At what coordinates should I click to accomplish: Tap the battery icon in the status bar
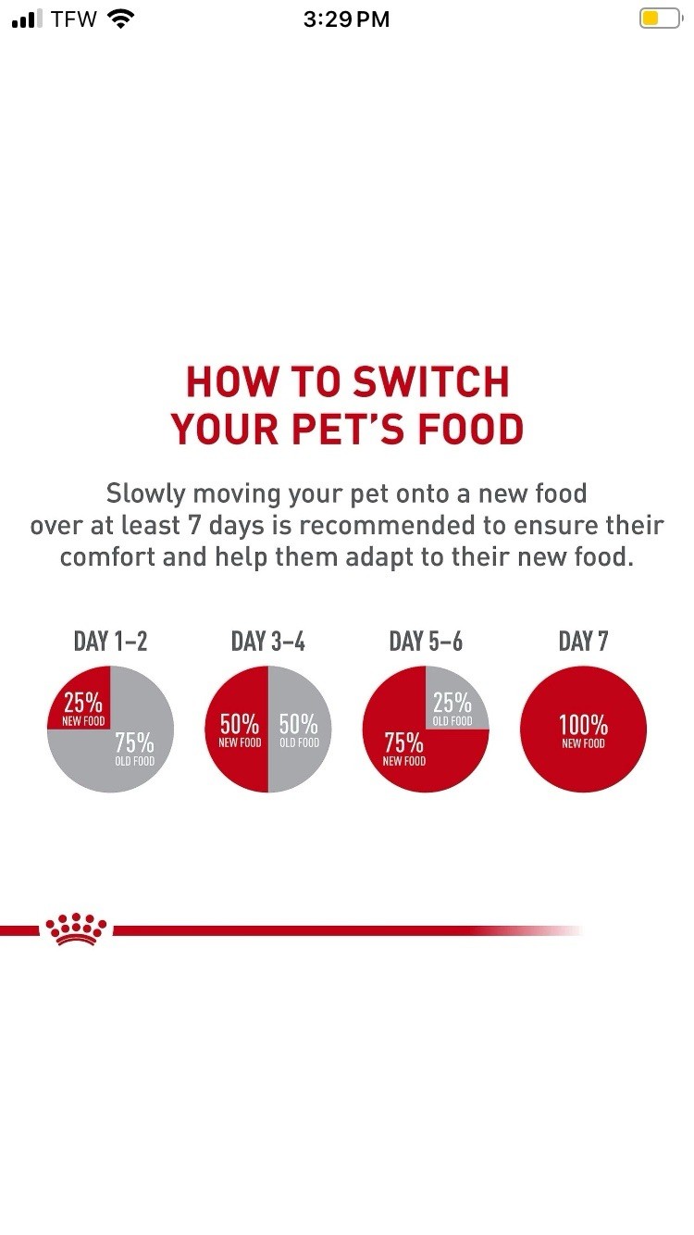[x=661, y=19]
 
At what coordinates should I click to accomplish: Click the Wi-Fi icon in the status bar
[x=120, y=19]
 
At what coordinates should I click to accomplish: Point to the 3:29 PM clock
[x=346, y=19]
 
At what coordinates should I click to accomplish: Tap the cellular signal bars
[x=27, y=19]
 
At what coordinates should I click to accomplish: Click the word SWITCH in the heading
[x=431, y=381]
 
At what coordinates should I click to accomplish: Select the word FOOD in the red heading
[x=471, y=429]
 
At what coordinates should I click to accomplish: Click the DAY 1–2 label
[x=110, y=642]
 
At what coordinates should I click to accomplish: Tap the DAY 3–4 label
[x=268, y=642]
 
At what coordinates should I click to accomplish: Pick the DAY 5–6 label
[x=426, y=642]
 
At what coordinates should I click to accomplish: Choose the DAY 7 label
[x=583, y=642]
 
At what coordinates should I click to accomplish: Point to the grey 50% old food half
[x=300, y=730]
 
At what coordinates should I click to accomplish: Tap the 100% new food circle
[x=583, y=730]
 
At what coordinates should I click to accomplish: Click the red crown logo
[x=76, y=929]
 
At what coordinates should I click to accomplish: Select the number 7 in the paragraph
[x=193, y=526]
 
